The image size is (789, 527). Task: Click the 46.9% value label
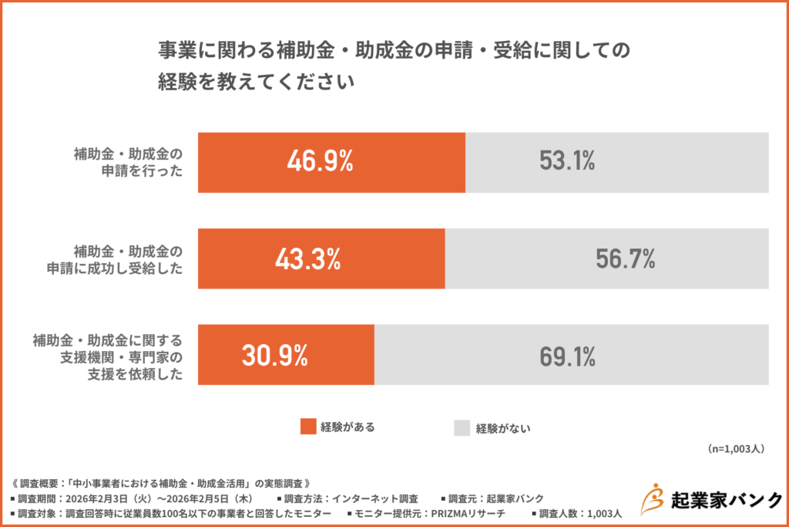coord(320,162)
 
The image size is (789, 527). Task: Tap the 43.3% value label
coord(308,259)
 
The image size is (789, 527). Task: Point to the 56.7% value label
coord(625,259)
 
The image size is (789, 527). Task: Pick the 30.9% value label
coord(275,356)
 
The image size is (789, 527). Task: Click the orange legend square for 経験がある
coord(308,427)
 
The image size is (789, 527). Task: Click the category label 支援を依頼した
coord(143,374)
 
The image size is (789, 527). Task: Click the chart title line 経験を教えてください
coord(257,82)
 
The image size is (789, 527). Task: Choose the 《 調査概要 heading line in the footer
coord(162,483)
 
